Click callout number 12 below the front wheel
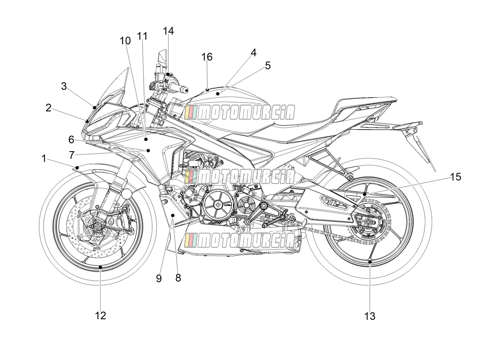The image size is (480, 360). (100, 316)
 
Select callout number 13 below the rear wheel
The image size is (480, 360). (369, 316)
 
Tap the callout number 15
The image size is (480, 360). (456, 177)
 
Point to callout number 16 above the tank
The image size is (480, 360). (207, 57)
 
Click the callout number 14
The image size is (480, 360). (169, 31)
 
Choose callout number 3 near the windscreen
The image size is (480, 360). (63, 86)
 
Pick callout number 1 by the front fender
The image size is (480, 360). (44, 158)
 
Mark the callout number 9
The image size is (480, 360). (159, 279)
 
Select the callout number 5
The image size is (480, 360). (268, 65)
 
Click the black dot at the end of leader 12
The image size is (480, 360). (100, 267)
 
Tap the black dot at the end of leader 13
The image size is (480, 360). (370, 262)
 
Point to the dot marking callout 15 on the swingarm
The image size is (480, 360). (364, 194)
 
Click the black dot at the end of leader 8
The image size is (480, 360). (173, 216)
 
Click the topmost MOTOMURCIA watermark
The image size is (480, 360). (240, 113)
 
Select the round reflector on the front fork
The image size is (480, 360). (127, 194)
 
